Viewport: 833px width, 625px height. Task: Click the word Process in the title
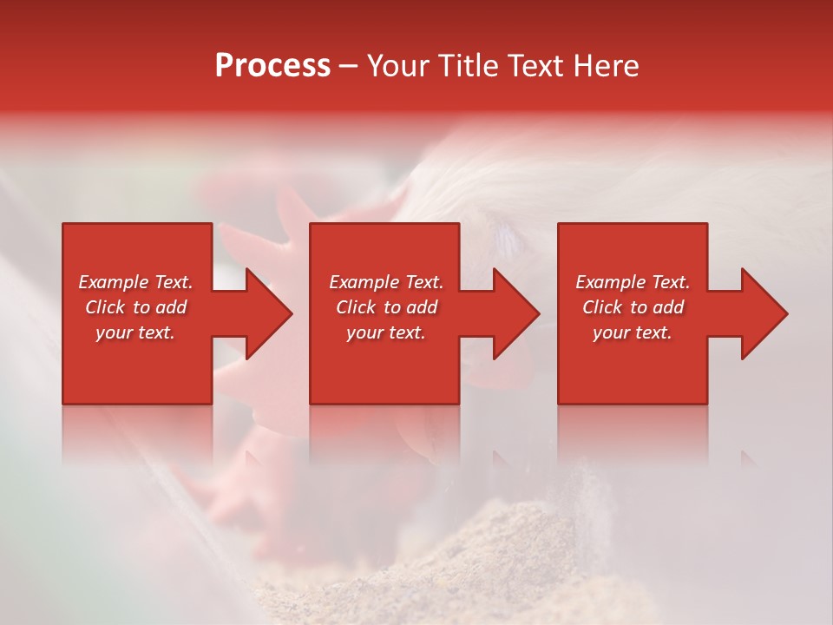coord(272,66)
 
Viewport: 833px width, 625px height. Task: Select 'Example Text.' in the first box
coord(135,282)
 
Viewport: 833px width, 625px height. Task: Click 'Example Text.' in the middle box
coord(386,282)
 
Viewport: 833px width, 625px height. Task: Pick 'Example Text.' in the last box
coord(633,282)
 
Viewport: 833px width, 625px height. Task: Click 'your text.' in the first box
coord(135,332)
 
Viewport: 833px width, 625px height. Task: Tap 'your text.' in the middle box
coord(386,332)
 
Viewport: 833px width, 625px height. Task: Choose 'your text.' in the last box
coord(633,332)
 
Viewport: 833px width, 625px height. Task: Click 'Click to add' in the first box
coord(135,307)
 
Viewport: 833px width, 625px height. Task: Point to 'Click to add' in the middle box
coord(386,307)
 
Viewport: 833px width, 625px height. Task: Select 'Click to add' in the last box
coord(633,307)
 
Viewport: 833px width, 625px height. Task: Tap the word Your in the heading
coord(398,66)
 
